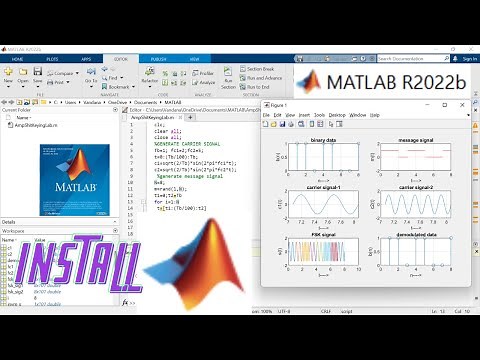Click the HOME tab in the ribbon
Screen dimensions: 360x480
click(x=17, y=59)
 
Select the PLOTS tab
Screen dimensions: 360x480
click(x=50, y=59)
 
